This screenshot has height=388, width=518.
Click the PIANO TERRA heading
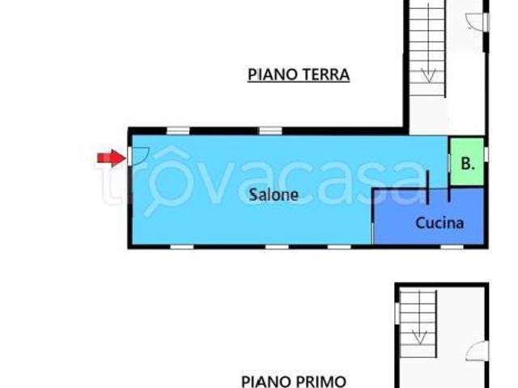299,75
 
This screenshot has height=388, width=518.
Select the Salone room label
274,195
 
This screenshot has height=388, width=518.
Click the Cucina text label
439,223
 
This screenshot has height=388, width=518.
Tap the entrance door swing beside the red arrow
138,154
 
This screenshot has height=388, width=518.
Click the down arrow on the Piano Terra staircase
428,75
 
